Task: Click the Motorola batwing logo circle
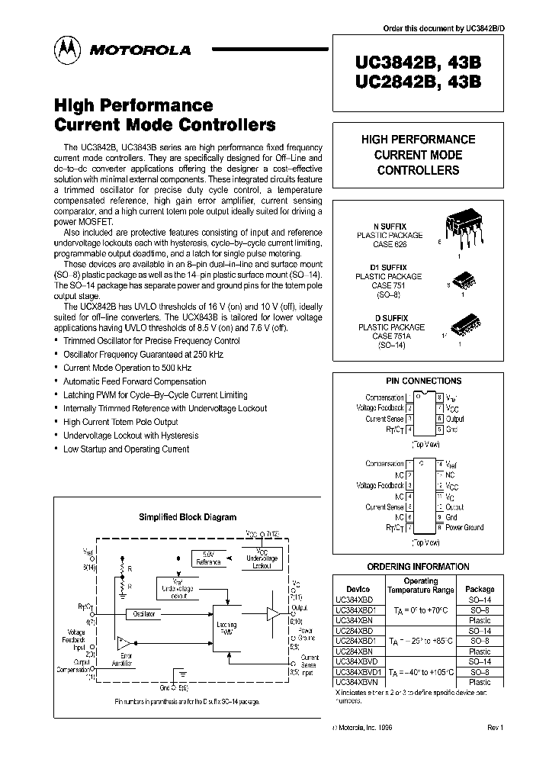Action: pyautogui.click(x=66, y=50)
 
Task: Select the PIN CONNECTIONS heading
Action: pyautogui.click(x=423, y=381)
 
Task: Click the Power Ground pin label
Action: pyautogui.click(x=464, y=527)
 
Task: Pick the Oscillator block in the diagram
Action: pyautogui.click(x=145, y=613)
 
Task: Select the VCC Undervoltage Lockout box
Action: pyautogui.click(x=261, y=559)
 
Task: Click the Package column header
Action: pyautogui.click(x=480, y=589)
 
